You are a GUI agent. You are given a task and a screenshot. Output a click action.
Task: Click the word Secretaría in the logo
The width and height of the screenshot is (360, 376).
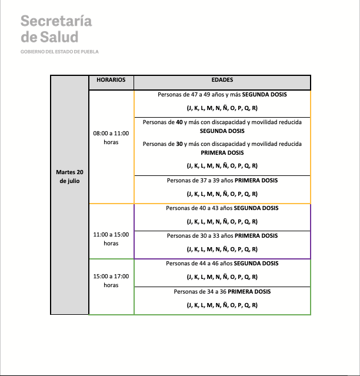click(x=56, y=21)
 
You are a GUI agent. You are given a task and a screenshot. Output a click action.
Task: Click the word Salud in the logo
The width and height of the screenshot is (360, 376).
click(x=59, y=36)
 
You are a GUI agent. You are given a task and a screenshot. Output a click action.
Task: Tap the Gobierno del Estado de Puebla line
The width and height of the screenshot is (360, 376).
click(x=59, y=52)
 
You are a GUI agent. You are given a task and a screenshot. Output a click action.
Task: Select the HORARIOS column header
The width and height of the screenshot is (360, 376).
click(x=111, y=79)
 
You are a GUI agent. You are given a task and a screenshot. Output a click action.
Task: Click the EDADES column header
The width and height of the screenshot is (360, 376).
click(x=222, y=79)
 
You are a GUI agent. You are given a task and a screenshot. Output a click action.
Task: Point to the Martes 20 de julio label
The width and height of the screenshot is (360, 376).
click(x=69, y=177)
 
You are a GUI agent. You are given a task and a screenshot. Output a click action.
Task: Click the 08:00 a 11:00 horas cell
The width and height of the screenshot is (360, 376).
click(x=111, y=138)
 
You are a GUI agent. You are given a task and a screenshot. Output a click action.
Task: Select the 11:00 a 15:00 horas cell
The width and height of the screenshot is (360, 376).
click(x=111, y=238)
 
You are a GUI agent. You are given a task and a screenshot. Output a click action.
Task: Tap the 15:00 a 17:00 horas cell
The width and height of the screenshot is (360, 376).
click(x=111, y=280)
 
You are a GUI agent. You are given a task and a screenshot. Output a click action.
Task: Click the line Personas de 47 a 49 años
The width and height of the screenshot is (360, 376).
click(x=222, y=94)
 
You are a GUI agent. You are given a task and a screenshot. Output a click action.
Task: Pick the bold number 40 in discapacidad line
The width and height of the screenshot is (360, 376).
click(x=179, y=122)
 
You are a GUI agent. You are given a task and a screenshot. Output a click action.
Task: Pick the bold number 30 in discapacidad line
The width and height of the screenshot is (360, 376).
click(x=179, y=144)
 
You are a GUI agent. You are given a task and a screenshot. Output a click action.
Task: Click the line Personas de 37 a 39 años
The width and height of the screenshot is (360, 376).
click(x=222, y=180)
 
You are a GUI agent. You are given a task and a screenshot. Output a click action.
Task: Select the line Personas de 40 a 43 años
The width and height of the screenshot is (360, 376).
click(x=222, y=208)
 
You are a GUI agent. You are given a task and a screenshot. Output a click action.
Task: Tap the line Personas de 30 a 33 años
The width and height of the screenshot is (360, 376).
click(x=222, y=236)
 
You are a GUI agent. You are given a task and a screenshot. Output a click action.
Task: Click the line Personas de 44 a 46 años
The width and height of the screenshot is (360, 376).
click(x=222, y=264)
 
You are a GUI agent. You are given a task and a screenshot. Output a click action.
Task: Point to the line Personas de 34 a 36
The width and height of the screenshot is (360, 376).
click(x=222, y=291)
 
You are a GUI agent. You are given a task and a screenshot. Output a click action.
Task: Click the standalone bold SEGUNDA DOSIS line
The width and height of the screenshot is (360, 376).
click(x=222, y=131)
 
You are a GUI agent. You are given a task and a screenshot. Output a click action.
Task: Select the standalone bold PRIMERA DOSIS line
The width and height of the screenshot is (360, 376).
click(x=222, y=152)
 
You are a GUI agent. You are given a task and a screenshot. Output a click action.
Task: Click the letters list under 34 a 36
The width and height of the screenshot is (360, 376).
click(x=222, y=305)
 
